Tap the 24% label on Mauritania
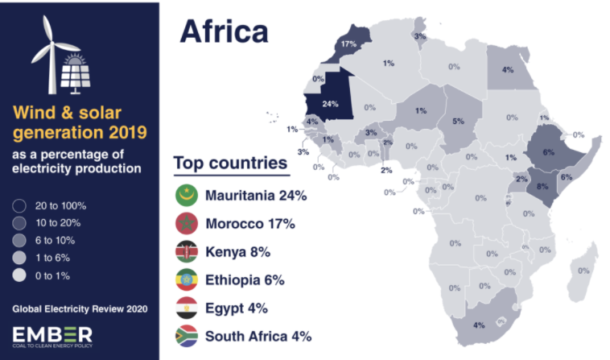pos(329,105)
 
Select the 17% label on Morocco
pos(348,43)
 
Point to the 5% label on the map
pos(458,122)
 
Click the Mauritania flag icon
pos(187,194)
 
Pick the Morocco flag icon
pos(187,223)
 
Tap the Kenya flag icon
pos(187,251)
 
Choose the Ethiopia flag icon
pos(187,280)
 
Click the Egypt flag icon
pos(187,308)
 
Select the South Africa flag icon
pos(187,337)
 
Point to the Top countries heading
pos(230,163)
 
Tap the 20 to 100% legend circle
pos(21,205)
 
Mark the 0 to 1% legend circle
pos(21,276)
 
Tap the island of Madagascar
pos(584,270)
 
